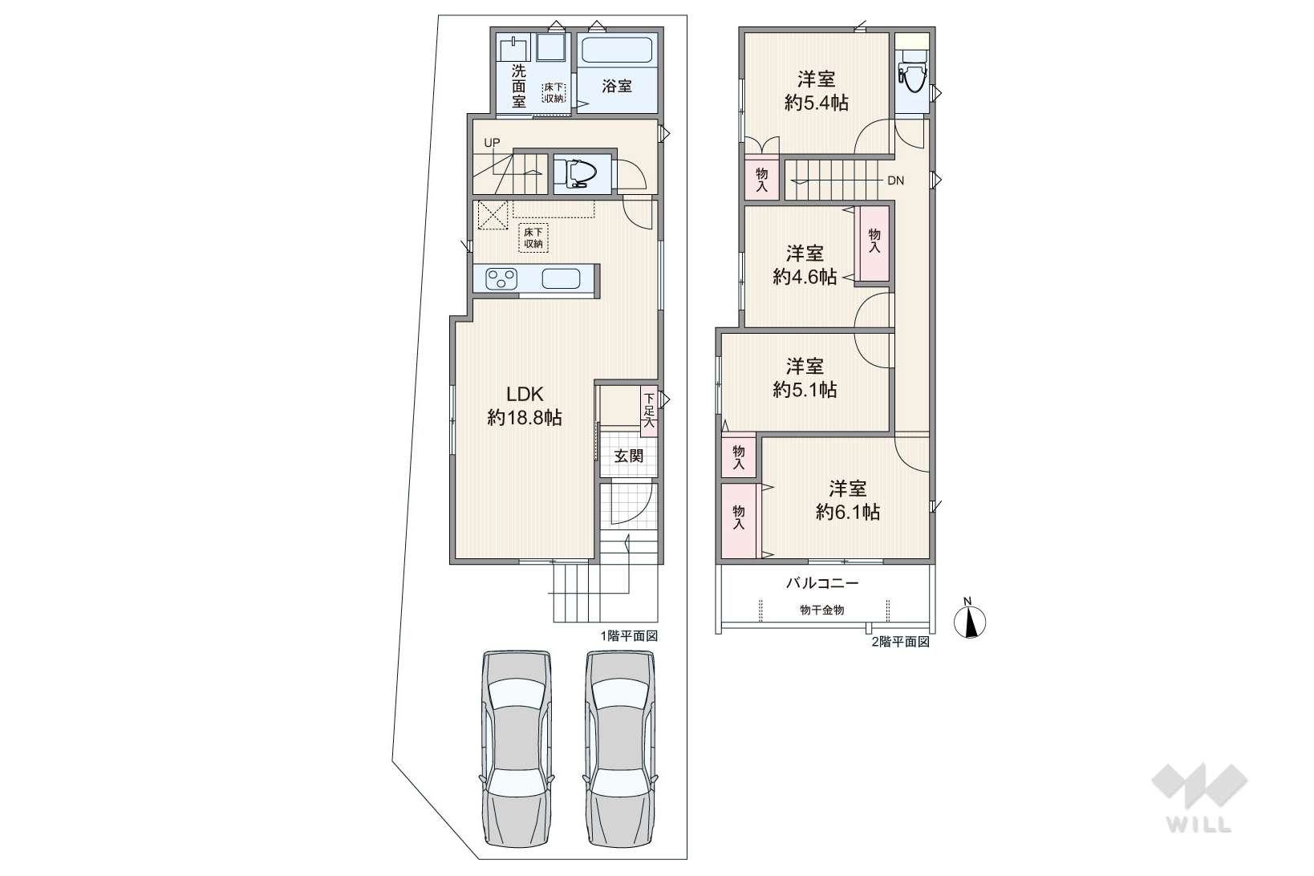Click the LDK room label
(x=525, y=394)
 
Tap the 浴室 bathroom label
(x=617, y=87)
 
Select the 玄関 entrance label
(x=628, y=456)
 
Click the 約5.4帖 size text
(x=816, y=103)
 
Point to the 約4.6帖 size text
(x=805, y=277)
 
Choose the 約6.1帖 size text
(x=848, y=513)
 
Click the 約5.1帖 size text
(x=805, y=390)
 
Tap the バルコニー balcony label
(x=822, y=582)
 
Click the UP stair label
(x=493, y=143)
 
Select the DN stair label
(x=896, y=180)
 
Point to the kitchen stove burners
(x=501, y=278)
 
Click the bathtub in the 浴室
(x=617, y=51)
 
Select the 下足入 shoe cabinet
(x=649, y=411)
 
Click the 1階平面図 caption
(x=629, y=636)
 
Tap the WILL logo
(x=1199, y=798)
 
